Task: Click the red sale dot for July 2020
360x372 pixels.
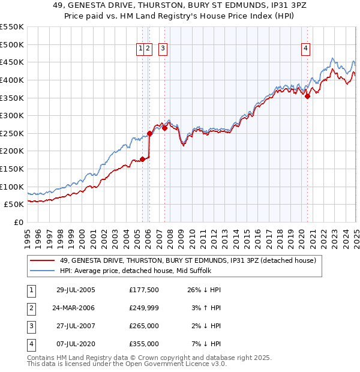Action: pyautogui.click(x=307, y=95)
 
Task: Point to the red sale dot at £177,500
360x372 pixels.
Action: pyautogui.click(x=143, y=159)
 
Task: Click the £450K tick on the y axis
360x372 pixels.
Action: pyautogui.click(x=13, y=62)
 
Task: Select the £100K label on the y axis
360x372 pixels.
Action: pyautogui.click(x=13, y=187)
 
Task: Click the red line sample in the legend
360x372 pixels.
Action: pyautogui.click(x=43, y=260)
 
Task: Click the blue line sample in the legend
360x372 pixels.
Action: pyautogui.click(x=43, y=271)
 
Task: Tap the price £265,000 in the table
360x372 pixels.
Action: pyautogui.click(x=144, y=326)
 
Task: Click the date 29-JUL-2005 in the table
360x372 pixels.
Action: pyautogui.click(x=76, y=290)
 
